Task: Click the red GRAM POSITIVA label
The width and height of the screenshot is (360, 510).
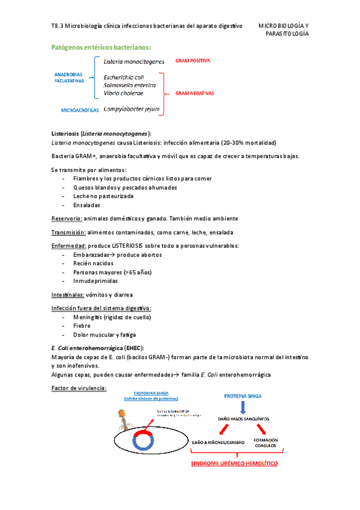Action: pos(193,61)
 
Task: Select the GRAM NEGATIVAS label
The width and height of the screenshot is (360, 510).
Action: pos(195,93)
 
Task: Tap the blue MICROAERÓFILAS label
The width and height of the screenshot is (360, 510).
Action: pos(80,111)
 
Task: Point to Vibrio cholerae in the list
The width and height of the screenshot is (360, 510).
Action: pos(123,93)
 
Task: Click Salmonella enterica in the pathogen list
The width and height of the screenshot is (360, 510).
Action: pos(129,85)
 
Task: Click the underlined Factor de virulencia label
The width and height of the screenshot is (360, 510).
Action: pos(80,388)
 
